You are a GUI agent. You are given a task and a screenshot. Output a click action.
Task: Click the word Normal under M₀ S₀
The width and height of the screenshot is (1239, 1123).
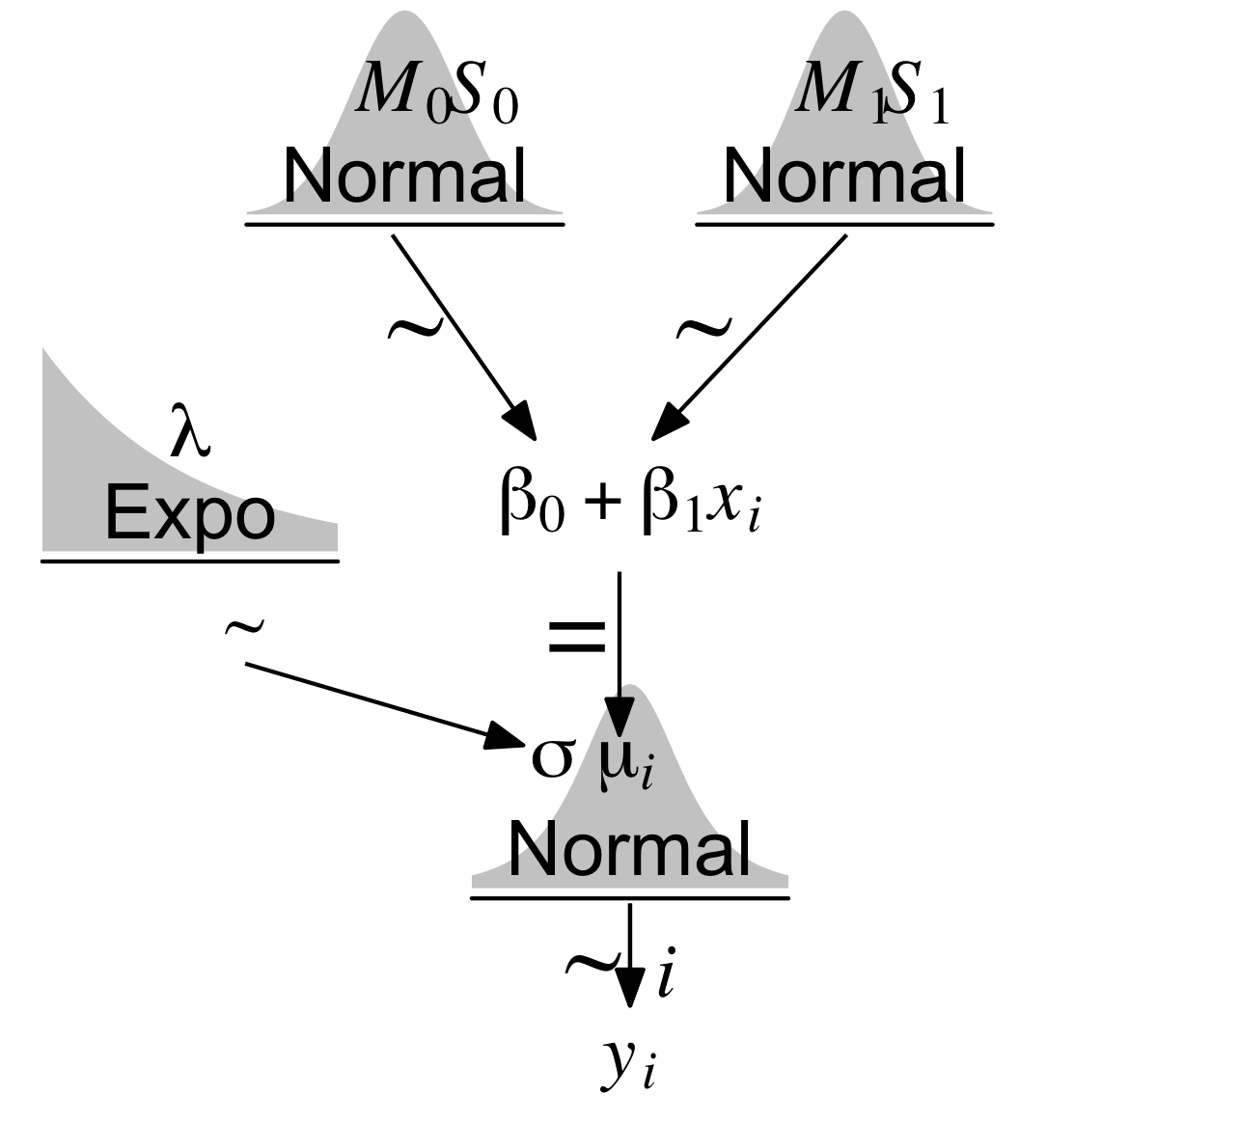[405, 176]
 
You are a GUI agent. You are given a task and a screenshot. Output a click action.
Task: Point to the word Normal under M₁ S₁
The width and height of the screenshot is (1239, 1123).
[844, 176]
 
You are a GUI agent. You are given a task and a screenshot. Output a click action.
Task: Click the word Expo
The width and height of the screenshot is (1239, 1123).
[189, 514]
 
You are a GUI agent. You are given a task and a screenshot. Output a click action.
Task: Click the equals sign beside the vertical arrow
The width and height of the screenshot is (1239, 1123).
[577, 636]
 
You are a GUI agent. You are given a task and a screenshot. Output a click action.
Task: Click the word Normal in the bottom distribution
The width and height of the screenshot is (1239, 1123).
[629, 849]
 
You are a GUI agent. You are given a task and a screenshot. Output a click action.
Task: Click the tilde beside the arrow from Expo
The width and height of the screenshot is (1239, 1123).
[243, 628]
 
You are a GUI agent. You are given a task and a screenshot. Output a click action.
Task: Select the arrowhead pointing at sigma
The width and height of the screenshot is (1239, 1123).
[507, 737]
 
